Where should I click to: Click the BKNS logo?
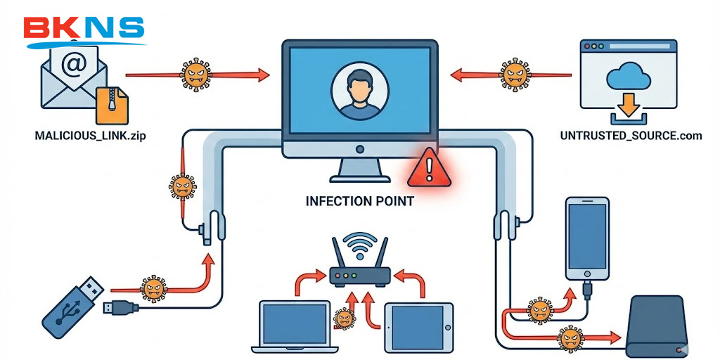(84, 29)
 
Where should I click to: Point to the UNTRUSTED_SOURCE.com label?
(631, 136)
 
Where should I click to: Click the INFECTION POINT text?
(359, 201)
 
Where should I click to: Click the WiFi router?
(360, 271)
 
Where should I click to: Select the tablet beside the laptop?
(418, 327)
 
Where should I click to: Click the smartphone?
(587, 240)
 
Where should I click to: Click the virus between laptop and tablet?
(345, 319)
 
